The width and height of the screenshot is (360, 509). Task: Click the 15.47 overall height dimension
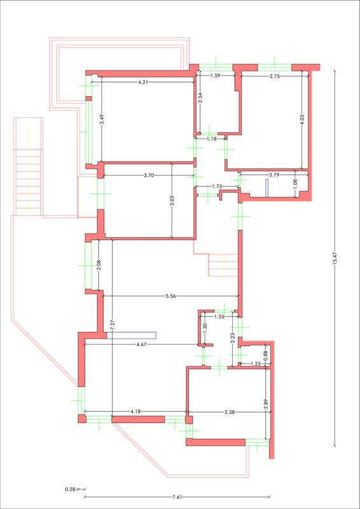pos(335,258)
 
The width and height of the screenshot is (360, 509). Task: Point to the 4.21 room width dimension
pos(143,82)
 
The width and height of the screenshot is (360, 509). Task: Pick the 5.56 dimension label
pos(170,296)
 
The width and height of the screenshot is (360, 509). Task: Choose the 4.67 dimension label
pos(142,344)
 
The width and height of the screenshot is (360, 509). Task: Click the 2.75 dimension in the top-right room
pos(274,76)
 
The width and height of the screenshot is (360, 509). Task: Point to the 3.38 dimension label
pos(230,412)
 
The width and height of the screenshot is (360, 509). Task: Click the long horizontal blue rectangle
pos(132,335)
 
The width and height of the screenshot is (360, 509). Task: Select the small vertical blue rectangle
pos(267,188)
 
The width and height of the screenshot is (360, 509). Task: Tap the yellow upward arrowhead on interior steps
pos(223,257)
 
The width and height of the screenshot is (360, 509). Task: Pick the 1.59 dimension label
pos(216,76)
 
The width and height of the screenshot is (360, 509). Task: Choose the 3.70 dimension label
pos(149,176)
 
